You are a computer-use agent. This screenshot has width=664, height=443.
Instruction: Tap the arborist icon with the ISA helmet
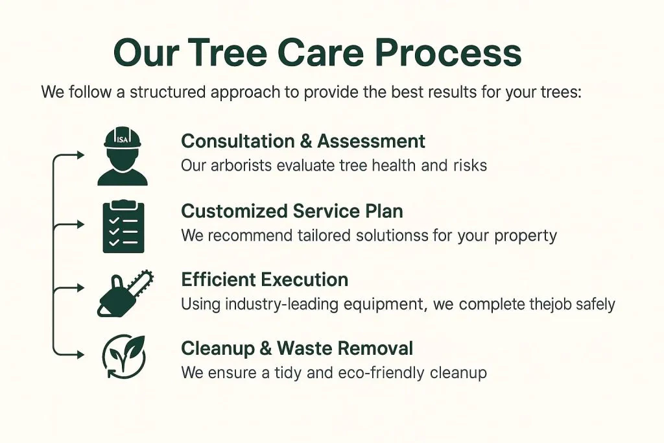(123, 157)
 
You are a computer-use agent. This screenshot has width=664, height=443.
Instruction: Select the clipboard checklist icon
(124, 226)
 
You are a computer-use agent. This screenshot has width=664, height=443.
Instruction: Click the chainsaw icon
(125, 293)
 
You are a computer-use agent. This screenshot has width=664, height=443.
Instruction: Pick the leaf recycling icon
(124, 356)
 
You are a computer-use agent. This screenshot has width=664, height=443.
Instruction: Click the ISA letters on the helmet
(123, 139)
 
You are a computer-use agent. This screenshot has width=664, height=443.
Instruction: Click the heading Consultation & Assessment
(303, 141)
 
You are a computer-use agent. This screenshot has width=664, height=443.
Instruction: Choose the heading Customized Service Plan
(292, 211)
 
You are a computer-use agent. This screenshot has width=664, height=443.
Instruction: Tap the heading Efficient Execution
(265, 280)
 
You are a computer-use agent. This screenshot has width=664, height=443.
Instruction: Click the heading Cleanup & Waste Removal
(297, 348)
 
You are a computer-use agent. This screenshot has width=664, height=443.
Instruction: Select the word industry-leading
(279, 304)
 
